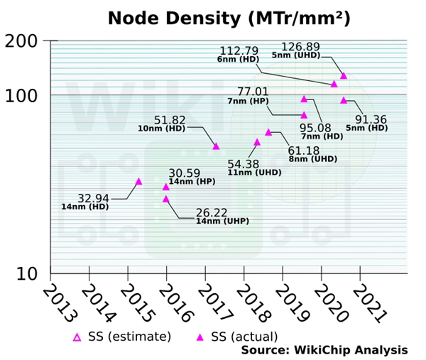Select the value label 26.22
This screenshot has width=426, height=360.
point(212,212)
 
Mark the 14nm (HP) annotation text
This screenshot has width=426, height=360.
point(192,182)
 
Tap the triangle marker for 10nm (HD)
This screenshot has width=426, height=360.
point(217,146)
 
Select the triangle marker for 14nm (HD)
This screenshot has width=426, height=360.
point(139,181)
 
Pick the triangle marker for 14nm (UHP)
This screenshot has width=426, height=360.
point(166,199)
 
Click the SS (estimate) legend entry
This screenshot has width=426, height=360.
point(122,336)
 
